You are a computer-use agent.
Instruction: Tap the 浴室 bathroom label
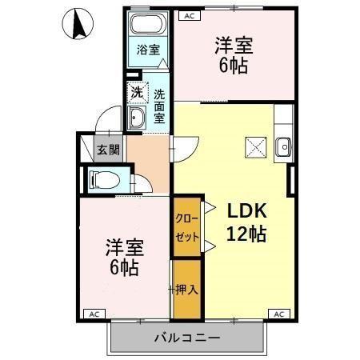pyautogui.click(x=148, y=50)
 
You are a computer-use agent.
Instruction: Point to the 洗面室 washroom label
pyautogui.click(x=159, y=105)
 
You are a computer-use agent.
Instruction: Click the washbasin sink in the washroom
pyautogui.click(x=137, y=120)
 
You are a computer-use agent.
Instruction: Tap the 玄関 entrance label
pyautogui.click(x=107, y=149)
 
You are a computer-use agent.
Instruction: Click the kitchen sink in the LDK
pyautogui.click(x=282, y=146)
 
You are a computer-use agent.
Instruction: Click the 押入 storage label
pyautogui.click(x=186, y=289)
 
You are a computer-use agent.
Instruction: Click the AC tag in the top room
pyautogui.click(x=190, y=15)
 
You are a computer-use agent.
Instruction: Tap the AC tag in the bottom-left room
pyautogui.click(x=94, y=313)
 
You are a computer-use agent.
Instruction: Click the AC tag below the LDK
pyautogui.click(x=279, y=313)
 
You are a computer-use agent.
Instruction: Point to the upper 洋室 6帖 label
pyautogui.click(x=230, y=54)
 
